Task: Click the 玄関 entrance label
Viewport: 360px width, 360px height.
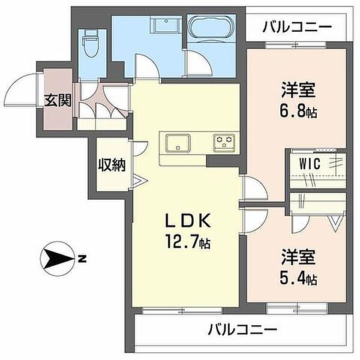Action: tap(58, 100)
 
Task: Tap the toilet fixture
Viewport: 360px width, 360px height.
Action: tap(92, 44)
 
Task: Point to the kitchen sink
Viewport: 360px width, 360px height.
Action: tap(178, 143)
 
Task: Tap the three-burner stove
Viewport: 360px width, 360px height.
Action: tap(224, 143)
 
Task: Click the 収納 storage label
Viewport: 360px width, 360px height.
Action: tap(112, 164)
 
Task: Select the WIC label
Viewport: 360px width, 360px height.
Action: tap(310, 164)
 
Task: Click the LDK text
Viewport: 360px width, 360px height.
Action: tap(188, 220)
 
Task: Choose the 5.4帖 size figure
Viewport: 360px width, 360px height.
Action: tap(298, 279)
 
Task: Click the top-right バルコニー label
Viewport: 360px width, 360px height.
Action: tap(298, 27)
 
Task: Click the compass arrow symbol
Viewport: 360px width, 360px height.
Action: tap(57, 259)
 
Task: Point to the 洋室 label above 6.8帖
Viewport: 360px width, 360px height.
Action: tap(298, 90)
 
